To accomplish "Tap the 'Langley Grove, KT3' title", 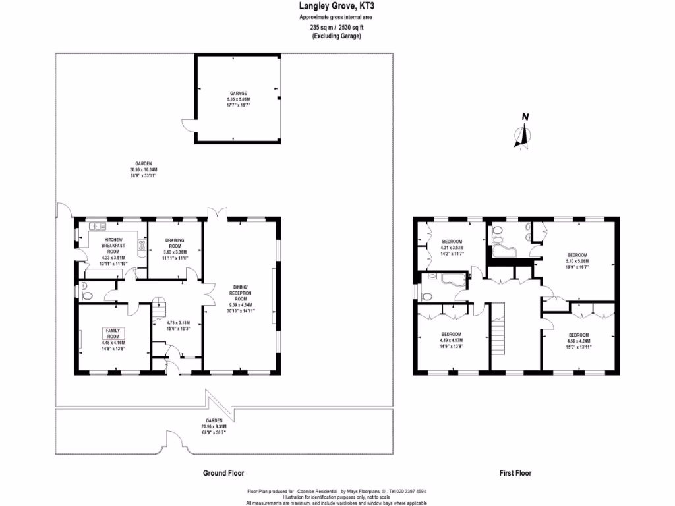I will pos(337,7).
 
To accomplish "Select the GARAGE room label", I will pos(238,94).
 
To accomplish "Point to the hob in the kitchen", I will pos(141,246).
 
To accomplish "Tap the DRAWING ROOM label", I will pos(175,243).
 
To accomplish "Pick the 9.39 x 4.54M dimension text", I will pos(240,304).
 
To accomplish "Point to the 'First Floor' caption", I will pos(515,473).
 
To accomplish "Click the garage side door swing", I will pos(187,127).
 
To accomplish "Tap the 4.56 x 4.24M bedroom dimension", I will pos(578,341).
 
